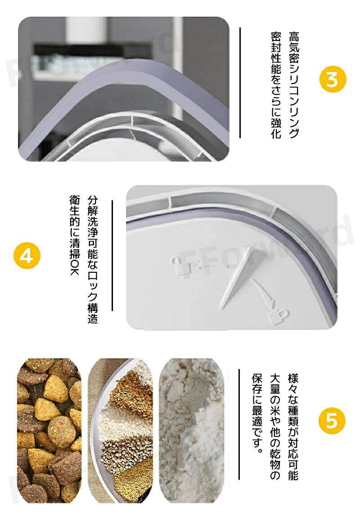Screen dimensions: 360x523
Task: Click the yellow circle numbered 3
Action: click(x=333, y=79)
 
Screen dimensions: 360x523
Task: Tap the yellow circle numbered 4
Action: click(x=27, y=256)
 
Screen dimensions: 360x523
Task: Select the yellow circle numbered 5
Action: click(x=332, y=420)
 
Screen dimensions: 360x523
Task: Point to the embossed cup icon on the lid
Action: click(x=277, y=316)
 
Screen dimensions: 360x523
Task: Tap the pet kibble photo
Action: click(x=49, y=430)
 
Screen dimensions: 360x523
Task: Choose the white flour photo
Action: click(x=192, y=430)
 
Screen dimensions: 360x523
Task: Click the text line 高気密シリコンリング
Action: click(x=294, y=85)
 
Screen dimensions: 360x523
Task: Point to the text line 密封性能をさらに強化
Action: click(x=276, y=86)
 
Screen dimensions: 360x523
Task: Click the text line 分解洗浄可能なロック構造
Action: click(x=93, y=260)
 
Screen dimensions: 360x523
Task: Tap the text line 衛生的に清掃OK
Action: click(x=75, y=235)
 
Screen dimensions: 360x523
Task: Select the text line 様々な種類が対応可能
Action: click(x=293, y=427)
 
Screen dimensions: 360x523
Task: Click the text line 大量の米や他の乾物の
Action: click(x=275, y=427)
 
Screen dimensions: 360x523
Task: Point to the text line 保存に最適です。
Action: click(x=257, y=414)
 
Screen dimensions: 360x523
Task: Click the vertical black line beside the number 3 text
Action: click(x=240, y=83)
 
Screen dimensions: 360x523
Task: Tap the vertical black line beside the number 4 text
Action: click(x=112, y=256)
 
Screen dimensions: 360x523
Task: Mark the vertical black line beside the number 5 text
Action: click(x=239, y=424)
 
